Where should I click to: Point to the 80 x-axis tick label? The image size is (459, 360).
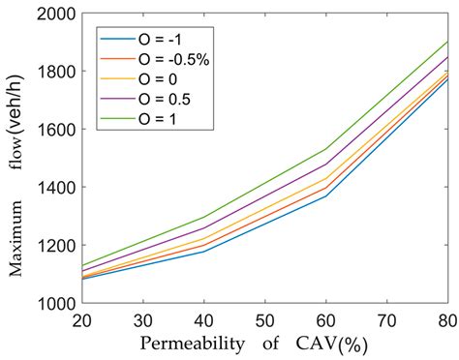click(x=447, y=319)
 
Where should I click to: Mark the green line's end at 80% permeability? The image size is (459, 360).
click(x=447, y=42)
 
